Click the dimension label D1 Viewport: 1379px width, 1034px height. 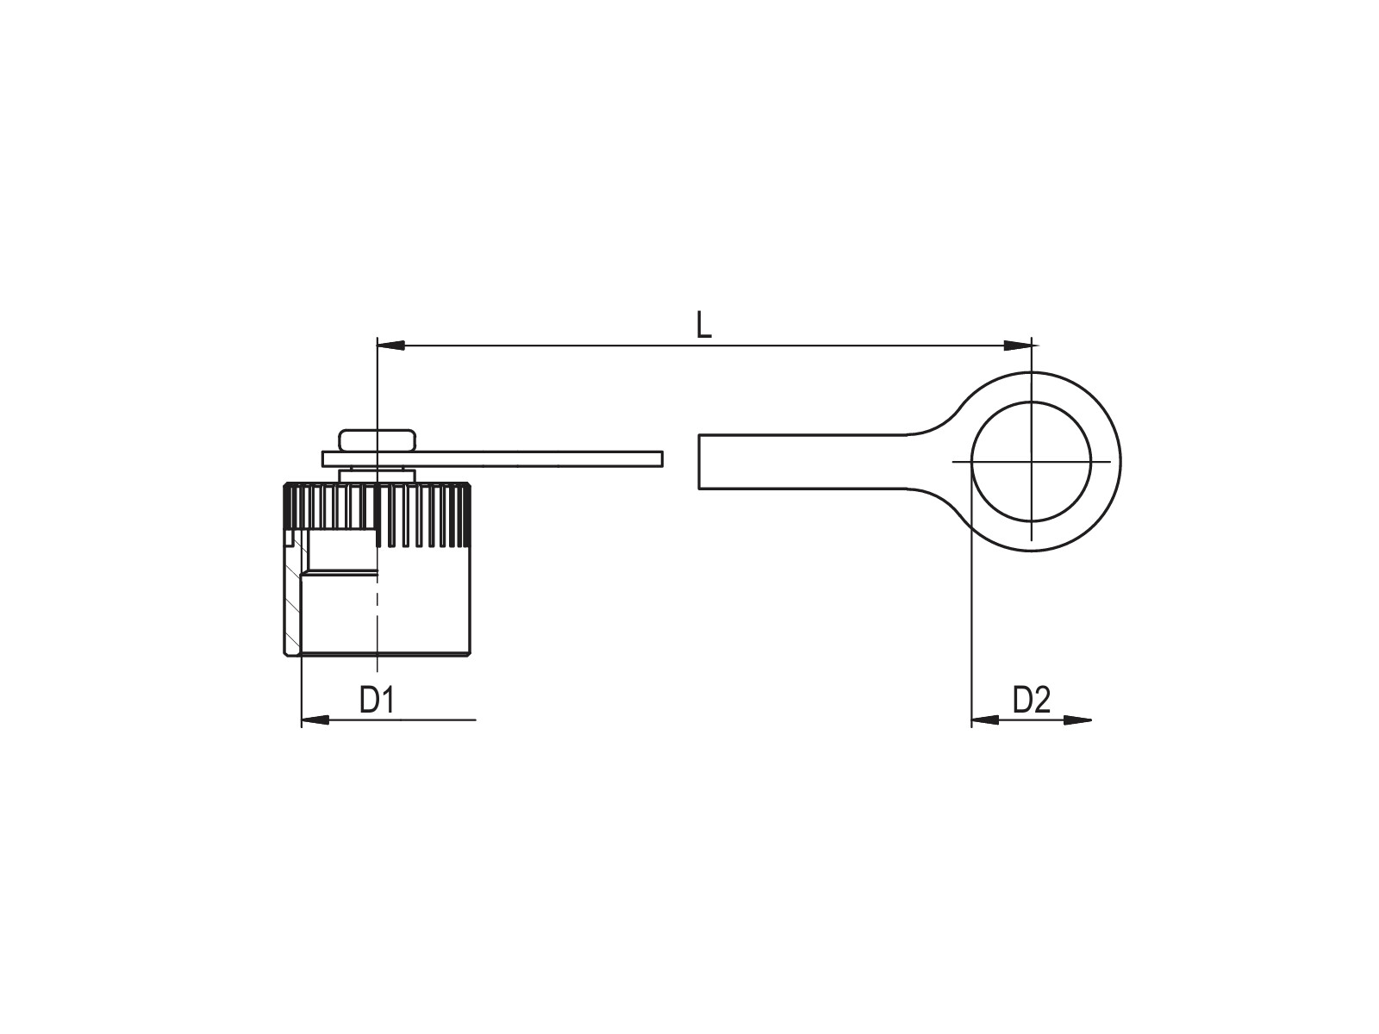tap(377, 700)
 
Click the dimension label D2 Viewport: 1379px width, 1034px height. tap(1031, 700)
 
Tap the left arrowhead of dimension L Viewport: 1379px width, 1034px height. tap(390, 346)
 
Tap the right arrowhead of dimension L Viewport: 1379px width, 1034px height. tap(1017, 346)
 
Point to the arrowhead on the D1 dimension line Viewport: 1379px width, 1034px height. tap(315, 719)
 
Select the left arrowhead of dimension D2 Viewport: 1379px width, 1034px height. tap(985, 719)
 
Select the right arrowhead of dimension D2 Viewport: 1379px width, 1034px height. tap(1076, 719)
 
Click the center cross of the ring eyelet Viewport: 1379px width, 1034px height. tap(1031, 462)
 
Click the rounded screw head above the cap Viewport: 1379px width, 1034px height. tap(377, 440)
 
